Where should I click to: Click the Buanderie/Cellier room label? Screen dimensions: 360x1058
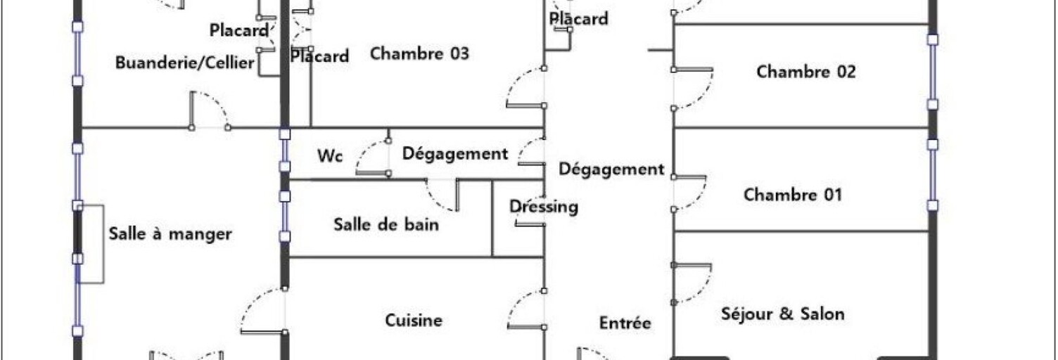(x=184, y=63)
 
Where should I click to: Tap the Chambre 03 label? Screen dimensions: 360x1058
(x=419, y=53)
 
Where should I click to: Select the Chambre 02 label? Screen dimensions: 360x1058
(x=805, y=71)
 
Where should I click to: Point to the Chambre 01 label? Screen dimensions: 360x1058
(x=792, y=194)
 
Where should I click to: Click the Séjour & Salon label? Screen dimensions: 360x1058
(x=782, y=314)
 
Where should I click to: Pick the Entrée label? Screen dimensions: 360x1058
(x=625, y=323)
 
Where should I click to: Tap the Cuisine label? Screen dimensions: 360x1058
(x=414, y=320)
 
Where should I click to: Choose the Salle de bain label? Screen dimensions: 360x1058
(x=386, y=224)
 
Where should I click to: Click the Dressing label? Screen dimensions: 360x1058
(x=544, y=207)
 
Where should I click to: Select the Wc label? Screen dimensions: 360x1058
(x=329, y=155)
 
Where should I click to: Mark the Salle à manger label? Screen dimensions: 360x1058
(x=170, y=233)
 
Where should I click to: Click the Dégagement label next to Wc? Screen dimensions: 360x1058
(x=454, y=153)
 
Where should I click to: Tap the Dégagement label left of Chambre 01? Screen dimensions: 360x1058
(x=611, y=169)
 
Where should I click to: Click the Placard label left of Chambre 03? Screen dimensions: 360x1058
(x=319, y=56)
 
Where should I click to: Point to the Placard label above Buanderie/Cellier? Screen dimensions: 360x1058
(x=239, y=30)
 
